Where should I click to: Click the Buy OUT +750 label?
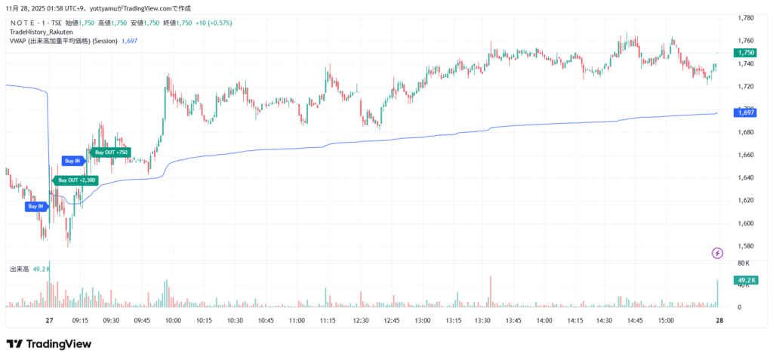click(x=110, y=152)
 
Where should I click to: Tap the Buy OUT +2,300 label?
click(x=77, y=180)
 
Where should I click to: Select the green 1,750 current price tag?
click(x=746, y=52)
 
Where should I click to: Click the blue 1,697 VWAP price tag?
click(x=745, y=112)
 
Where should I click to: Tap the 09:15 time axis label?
click(x=81, y=321)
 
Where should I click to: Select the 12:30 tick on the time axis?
click(x=361, y=321)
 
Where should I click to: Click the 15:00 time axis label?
click(x=666, y=321)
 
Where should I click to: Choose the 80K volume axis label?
click(x=743, y=263)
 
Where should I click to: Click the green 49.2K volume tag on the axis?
click(x=745, y=281)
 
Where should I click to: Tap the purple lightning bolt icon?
click(x=717, y=252)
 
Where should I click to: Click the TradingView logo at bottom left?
click(x=49, y=344)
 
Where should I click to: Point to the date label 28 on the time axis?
click(x=719, y=321)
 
